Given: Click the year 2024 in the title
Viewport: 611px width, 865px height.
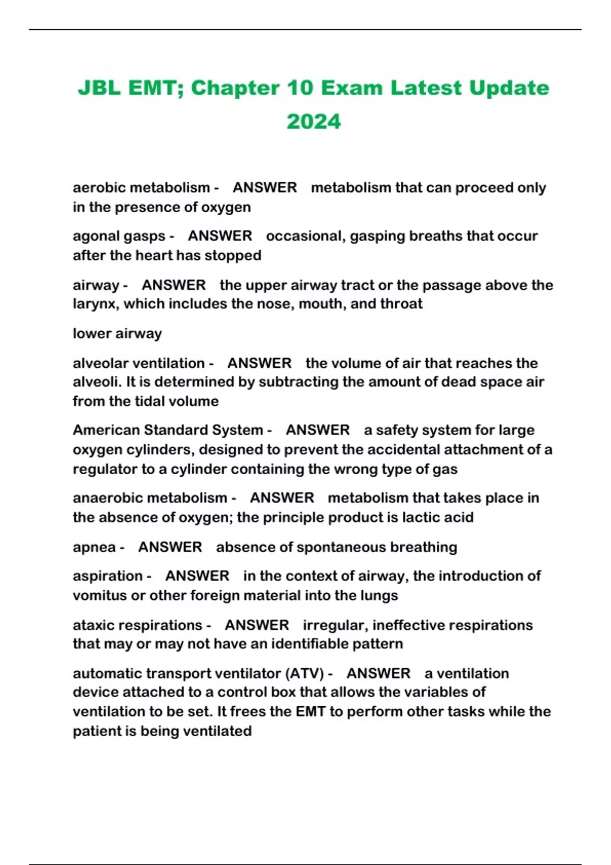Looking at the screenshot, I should [313, 122].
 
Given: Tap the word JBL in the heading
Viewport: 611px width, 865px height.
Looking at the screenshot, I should [99, 88].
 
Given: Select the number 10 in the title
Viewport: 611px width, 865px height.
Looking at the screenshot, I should [300, 88].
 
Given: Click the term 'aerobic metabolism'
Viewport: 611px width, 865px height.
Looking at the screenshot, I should [141, 188].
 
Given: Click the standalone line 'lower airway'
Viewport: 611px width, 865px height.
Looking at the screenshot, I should [117, 334].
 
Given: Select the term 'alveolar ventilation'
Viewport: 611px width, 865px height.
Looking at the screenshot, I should [138, 363].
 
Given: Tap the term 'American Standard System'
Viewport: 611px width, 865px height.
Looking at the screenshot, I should [168, 430].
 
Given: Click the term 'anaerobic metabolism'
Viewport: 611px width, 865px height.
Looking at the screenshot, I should [150, 498].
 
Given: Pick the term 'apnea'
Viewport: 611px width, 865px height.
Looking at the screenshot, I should [94, 547].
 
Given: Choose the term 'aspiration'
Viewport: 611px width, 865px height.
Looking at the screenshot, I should [107, 576].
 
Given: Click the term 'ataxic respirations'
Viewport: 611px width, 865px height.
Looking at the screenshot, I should [137, 625].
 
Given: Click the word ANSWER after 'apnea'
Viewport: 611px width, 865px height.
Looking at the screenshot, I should [170, 547].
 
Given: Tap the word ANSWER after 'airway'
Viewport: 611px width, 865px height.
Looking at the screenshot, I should [174, 285].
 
